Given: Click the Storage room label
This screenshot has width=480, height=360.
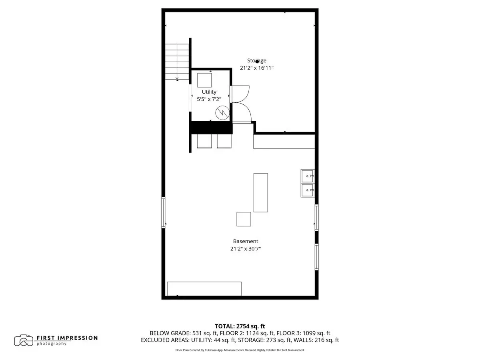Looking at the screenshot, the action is (256, 60).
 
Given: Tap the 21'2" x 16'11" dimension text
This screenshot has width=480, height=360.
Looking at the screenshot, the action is (257, 68).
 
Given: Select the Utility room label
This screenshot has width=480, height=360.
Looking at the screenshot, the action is (209, 92).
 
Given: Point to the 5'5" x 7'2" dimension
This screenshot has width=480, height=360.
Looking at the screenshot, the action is (209, 100).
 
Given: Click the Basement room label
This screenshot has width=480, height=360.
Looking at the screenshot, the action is (245, 241).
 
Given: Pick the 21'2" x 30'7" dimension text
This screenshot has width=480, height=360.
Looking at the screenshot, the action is (245, 249).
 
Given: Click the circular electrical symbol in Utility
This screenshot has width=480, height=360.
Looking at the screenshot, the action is (222, 113).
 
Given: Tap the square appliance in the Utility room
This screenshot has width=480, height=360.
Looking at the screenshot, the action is (204, 80).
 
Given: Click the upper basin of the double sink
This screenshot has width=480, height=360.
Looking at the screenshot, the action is (308, 176).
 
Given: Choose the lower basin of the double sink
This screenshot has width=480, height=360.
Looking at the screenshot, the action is (308, 190).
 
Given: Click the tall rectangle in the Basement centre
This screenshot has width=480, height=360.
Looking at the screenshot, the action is (260, 192).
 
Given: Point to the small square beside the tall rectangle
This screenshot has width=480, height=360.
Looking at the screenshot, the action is (244, 219).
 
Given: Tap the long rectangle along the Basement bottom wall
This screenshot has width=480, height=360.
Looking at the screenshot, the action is (204, 289).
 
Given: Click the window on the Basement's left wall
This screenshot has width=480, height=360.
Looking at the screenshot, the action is (163, 212).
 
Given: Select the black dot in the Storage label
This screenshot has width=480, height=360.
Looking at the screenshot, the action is (257, 62).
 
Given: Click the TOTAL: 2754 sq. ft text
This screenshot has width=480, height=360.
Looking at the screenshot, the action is (240, 326).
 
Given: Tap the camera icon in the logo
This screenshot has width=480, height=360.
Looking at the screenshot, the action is (24, 340).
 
